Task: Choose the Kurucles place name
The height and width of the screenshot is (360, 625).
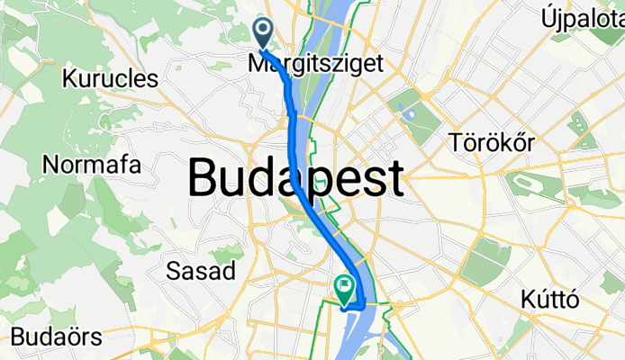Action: pos(110,78)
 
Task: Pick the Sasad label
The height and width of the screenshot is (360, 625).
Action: pos(202,270)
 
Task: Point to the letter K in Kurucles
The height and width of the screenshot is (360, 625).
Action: pos(68,78)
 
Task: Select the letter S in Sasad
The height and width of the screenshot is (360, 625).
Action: pos(175,270)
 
